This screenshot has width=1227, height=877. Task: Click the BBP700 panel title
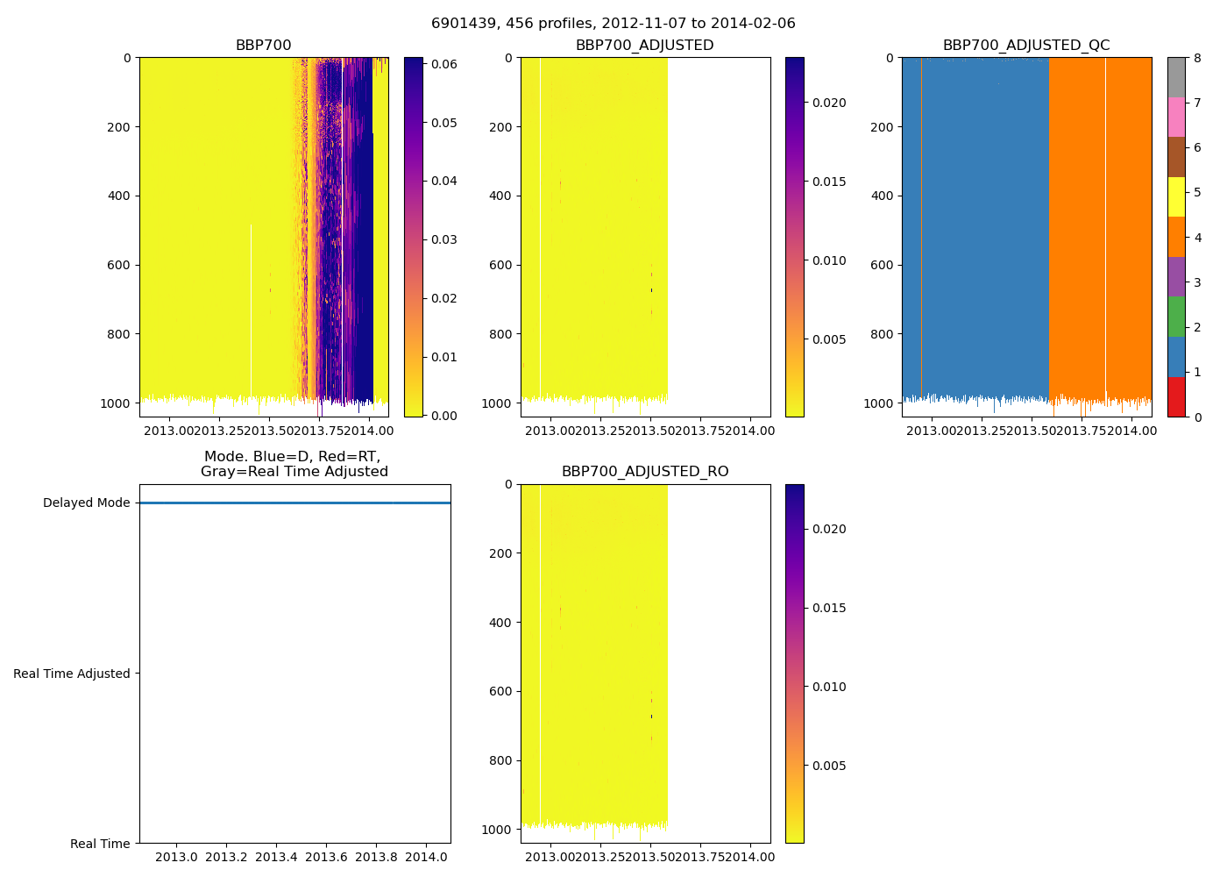(x=263, y=46)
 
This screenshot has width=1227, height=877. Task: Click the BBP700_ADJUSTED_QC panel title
(x=1026, y=46)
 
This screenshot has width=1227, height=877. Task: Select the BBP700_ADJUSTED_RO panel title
(x=645, y=472)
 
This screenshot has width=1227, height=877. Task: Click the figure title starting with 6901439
(x=613, y=24)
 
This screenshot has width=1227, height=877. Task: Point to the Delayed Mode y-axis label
(x=86, y=503)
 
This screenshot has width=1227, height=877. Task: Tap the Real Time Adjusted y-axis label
(x=72, y=674)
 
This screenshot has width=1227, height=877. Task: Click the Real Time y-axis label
(x=100, y=844)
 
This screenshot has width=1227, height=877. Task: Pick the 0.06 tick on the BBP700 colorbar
(x=444, y=64)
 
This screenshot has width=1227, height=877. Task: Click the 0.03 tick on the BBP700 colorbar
(x=444, y=239)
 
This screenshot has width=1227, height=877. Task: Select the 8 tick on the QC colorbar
(x=1197, y=58)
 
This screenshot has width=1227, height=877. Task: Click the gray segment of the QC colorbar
(x=1176, y=77)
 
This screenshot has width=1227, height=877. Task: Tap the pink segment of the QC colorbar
(x=1176, y=118)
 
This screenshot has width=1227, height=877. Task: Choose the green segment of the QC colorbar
(x=1176, y=317)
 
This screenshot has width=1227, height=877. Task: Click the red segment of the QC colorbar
(x=1176, y=396)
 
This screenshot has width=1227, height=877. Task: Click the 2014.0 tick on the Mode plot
(x=426, y=857)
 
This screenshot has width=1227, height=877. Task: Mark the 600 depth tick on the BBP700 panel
(x=119, y=265)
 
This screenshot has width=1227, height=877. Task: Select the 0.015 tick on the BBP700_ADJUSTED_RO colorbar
(x=829, y=608)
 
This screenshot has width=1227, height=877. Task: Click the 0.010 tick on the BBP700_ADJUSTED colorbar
(x=829, y=260)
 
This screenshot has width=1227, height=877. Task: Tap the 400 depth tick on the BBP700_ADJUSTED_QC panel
(x=882, y=196)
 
